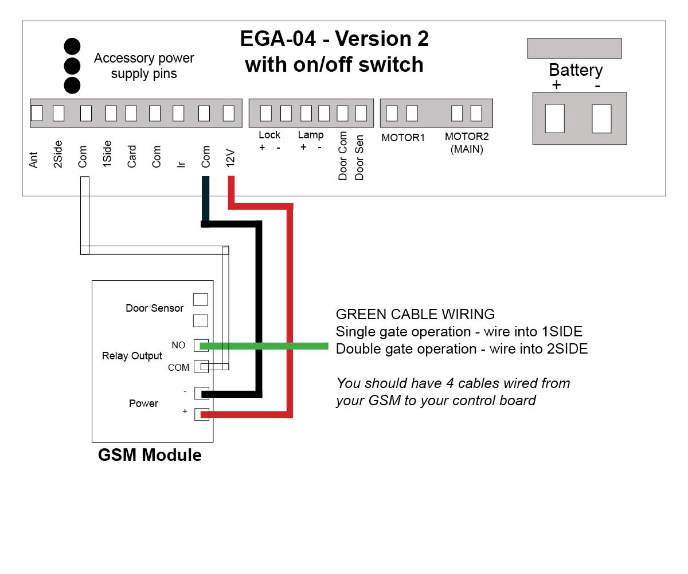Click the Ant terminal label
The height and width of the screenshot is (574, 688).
point(34,160)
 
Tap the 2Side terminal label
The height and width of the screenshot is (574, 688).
point(58,154)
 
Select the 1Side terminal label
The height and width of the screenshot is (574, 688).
point(107,154)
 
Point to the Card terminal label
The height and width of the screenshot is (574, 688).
point(132,157)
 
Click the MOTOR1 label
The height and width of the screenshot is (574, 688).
point(402,138)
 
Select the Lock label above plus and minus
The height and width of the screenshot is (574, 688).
point(269,135)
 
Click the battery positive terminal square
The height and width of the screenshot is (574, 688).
point(555,118)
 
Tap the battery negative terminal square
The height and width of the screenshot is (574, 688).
point(601,118)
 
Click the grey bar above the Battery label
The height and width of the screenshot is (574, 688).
point(574,48)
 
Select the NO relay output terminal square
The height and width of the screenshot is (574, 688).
point(201,345)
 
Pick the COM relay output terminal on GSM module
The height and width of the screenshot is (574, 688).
point(201,367)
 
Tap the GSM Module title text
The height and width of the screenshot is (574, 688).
point(150,455)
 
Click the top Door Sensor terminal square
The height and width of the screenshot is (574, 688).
point(201,299)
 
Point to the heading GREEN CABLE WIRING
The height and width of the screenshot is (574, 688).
point(415,315)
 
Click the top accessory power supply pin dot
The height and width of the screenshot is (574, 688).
point(72,46)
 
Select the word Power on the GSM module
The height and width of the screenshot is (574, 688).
point(143,404)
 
